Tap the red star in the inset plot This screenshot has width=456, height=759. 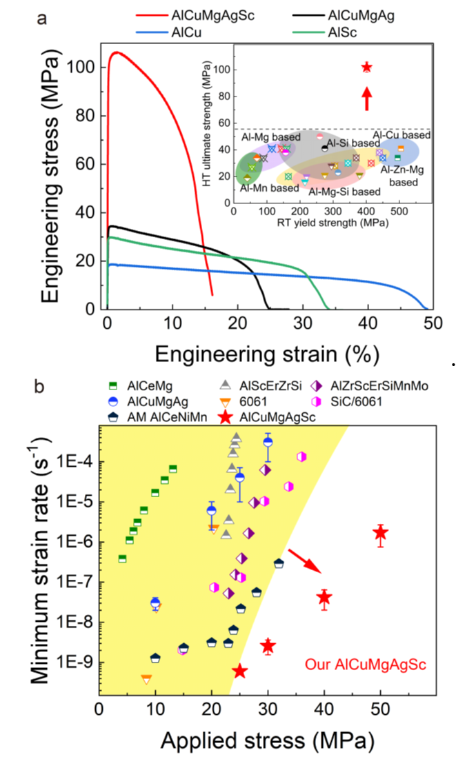coord(367,67)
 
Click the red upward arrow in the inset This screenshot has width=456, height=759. coord(367,97)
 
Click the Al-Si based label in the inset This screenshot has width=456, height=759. coord(350,143)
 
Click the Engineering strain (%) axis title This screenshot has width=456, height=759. coord(266,354)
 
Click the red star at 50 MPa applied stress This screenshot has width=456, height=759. coord(380,533)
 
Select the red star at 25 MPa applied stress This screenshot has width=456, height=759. coord(239,671)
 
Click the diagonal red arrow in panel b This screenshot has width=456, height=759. coord(304,560)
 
